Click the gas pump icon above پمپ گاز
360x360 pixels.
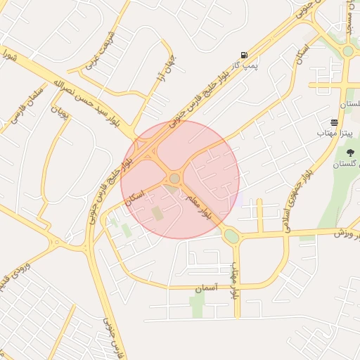click(244, 56)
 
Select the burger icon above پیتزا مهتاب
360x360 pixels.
click(334, 122)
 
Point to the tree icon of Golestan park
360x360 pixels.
click(350, 153)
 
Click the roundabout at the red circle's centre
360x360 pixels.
click(174, 179)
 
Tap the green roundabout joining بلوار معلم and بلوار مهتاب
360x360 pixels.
click(231, 236)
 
